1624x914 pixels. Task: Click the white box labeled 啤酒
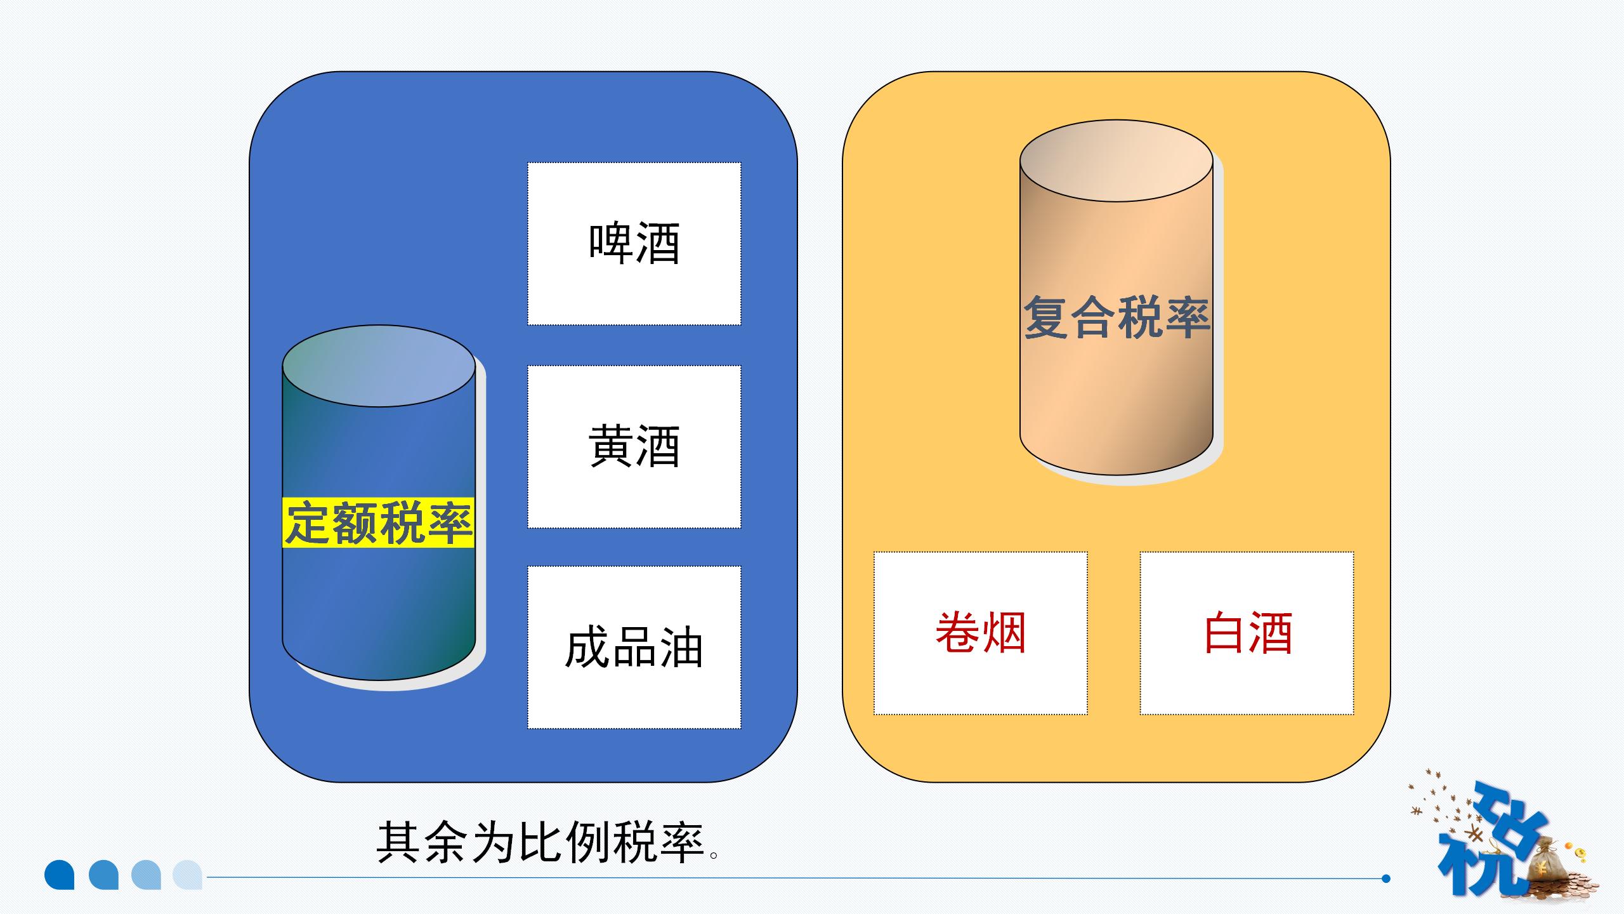634,244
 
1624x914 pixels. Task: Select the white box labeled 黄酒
634,446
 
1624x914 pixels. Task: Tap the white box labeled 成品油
634,647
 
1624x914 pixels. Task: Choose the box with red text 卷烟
980,633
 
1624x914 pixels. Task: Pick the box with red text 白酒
1247,633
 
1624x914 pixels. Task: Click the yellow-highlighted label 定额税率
378,523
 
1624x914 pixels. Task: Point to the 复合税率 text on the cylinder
1116,317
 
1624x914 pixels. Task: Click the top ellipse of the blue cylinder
379,366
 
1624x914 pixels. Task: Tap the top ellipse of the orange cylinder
1116,161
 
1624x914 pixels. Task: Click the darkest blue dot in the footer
60,875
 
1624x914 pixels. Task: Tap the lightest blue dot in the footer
187,875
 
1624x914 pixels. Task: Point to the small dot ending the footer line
1385,878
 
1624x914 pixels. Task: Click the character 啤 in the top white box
610,244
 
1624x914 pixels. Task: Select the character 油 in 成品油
681,647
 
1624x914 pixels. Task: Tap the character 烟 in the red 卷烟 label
1004,633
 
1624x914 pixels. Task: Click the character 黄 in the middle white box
610,446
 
